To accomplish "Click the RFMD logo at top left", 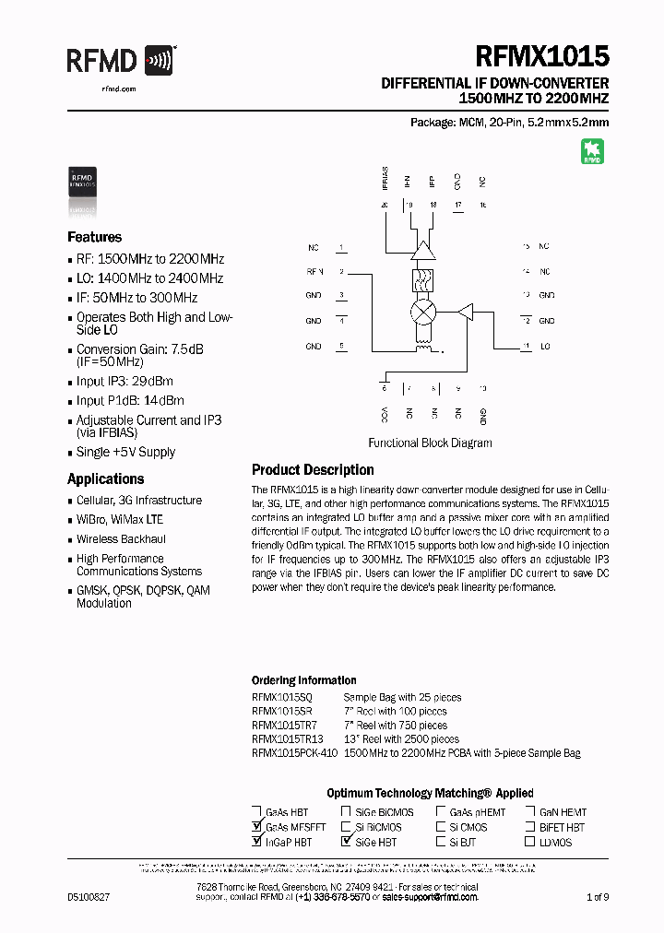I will coord(120,62).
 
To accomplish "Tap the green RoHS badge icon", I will coord(591,151).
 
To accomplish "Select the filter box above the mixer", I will coord(423,280).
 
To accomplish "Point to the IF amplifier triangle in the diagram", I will coord(423,251).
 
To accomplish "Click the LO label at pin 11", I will coord(545,347).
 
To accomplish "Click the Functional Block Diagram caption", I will coord(430,443).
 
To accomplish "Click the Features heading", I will coord(94,237).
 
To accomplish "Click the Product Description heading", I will coord(313,470).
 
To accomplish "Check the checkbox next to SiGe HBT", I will coord(348,842).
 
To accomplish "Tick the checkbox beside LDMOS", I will coord(531,842).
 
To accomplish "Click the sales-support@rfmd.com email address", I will coord(430,896).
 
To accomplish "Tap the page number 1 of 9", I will coord(598,896).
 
